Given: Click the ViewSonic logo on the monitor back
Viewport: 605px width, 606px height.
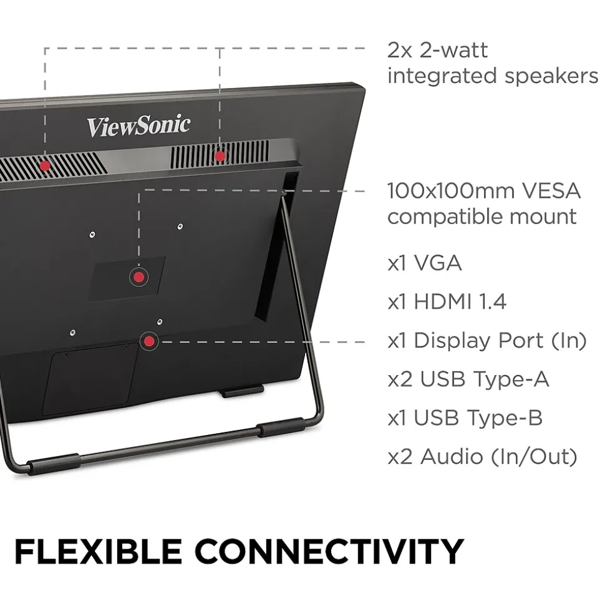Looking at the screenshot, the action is [x=138, y=125].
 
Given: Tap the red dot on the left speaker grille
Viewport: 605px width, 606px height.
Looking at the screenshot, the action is [x=45, y=166].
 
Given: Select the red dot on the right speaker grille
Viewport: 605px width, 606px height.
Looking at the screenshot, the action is [x=220, y=156].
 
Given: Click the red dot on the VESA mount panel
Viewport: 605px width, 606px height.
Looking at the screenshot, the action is [x=138, y=277].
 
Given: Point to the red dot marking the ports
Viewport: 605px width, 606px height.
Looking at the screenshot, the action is [x=149, y=341].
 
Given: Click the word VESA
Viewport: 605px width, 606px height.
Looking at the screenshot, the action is [x=551, y=190].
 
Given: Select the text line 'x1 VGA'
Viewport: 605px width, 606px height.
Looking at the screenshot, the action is [x=425, y=263].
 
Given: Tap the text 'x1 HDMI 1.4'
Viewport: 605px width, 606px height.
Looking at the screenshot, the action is [x=447, y=302].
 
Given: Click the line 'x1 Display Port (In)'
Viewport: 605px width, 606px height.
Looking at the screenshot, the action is [x=487, y=341].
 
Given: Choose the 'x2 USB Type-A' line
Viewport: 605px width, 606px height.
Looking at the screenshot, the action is [x=468, y=379].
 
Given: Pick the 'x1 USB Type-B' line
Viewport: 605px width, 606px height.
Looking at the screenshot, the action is [x=465, y=418].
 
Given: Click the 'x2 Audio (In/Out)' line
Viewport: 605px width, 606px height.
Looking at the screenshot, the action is [x=483, y=457].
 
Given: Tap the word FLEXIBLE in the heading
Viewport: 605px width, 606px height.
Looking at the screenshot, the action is [x=98, y=552].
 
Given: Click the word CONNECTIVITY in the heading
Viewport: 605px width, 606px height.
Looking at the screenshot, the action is [x=329, y=552].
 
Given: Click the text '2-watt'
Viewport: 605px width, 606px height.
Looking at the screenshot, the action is [x=454, y=51].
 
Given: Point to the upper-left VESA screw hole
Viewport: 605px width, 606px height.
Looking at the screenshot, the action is [x=92, y=235].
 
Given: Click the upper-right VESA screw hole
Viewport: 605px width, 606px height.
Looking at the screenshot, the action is [x=180, y=227].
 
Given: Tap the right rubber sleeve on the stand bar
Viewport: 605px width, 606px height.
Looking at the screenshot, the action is [x=281, y=427].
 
